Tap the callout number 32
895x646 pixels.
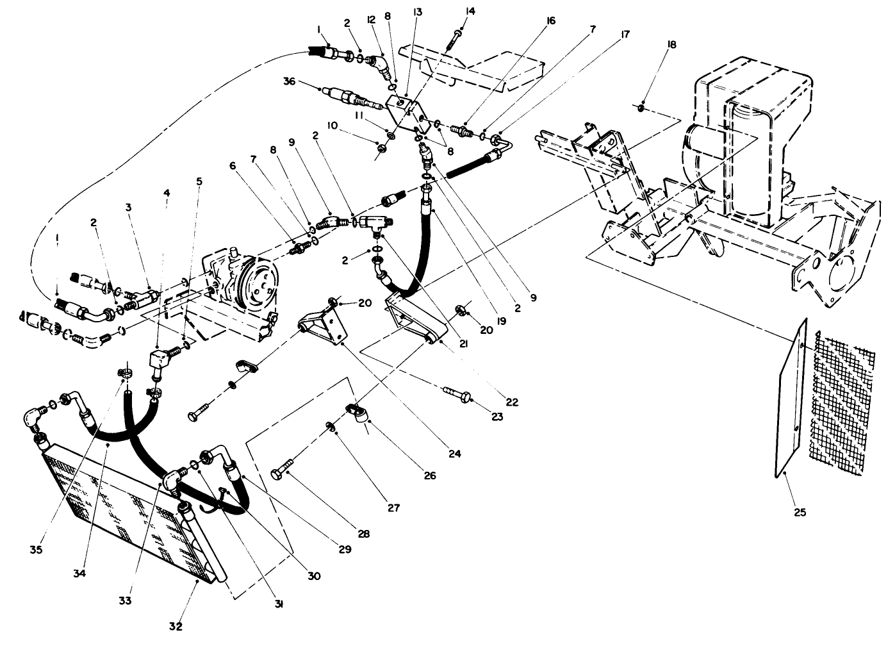176,625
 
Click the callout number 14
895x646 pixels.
472,11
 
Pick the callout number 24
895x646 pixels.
454,454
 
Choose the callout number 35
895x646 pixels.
36,549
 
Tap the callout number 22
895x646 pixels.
511,402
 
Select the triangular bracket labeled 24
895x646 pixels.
325,324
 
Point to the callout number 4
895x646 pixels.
167,192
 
